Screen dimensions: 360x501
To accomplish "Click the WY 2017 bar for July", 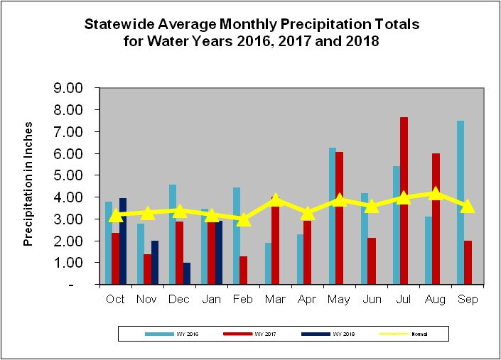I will pyautogui.click(x=404, y=200).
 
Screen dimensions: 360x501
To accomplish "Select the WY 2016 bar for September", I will pyautogui.click(x=460, y=202).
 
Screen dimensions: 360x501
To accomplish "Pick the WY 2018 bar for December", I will pyautogui.click(x=187, y=273).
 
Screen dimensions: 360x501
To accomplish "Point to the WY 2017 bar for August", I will pyautogui.click(x=436, y=219).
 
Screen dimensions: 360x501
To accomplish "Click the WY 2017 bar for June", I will pyautogui.click(x=372, y=261).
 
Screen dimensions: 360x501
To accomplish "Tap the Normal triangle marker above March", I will pyautogui.click(x=276, y=200).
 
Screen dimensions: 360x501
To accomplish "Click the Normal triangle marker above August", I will pyautogui.click(x=436, y=194).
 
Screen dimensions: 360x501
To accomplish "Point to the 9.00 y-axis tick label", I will pyautogui.click(x=70, y=88).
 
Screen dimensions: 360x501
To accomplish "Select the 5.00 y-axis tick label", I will pyautogui.click(x=70, y=175).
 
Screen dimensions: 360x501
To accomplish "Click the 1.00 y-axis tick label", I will pyautogui.click(x=70, y=263).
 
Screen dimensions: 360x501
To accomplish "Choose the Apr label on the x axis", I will pyautogui.click(x=307, y=299).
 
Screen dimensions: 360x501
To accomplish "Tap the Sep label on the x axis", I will pyautogui.click(x=467, y=299).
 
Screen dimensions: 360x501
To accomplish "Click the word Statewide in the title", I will pyautogui.click(x=118, y=24).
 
